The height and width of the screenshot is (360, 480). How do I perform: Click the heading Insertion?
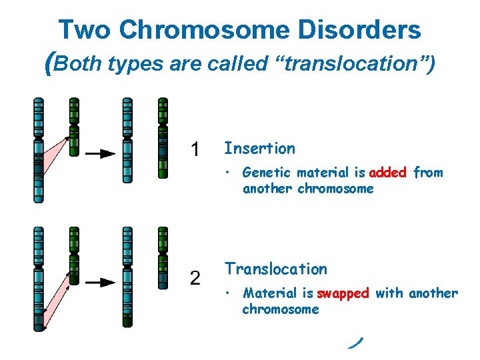[x=259, y=148]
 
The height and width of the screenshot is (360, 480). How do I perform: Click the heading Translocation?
[x=275, y=269]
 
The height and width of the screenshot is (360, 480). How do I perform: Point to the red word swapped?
[x=343, y=293]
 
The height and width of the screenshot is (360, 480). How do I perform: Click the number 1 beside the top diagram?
[x=195, y=150]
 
